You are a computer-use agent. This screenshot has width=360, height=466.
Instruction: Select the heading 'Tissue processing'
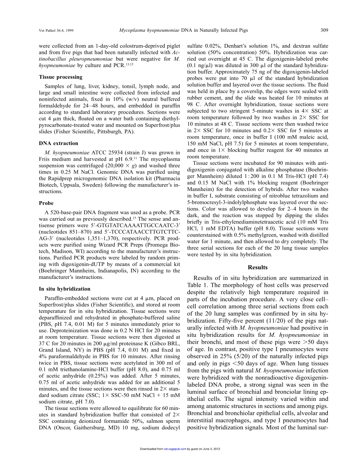61,77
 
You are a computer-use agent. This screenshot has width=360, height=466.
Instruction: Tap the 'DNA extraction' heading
59,143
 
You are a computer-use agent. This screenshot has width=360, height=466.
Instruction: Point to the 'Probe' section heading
46,203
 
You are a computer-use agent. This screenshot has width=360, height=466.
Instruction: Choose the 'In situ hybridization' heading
65,289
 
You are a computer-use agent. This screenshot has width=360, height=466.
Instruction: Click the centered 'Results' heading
258,267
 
